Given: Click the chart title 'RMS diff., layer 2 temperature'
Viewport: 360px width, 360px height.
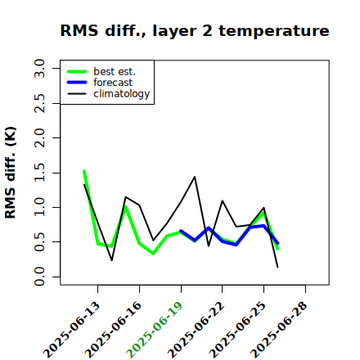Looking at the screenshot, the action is (x=195, y=30).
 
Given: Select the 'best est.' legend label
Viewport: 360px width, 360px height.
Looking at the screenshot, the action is (x=115, y=71).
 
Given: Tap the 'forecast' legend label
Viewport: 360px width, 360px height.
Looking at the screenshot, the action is (x=113, y=83).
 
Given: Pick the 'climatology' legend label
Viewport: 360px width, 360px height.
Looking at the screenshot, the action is (x=122, y=94).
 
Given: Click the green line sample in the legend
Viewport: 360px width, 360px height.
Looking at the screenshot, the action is (x=77, y=71).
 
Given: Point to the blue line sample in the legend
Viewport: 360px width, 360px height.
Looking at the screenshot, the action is (x=77, y=83).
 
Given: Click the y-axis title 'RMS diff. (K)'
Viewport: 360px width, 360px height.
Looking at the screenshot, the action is (x=11, y=173).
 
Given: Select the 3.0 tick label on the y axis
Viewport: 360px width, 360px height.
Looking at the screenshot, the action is (x=39, y=68).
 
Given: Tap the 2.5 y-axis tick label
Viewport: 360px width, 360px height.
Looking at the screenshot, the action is (x=39, y=103).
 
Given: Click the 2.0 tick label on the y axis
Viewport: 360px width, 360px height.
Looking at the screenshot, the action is (x=39, y=137).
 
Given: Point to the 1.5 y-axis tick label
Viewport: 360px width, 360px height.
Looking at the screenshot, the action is (x=39, y=173).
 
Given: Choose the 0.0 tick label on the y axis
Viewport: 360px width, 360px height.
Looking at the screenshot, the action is (x=39, y=277).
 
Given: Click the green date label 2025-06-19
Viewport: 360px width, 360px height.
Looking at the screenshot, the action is (x=155, y=330).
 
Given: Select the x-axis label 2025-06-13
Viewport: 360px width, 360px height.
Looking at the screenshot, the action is (x=71, y=330).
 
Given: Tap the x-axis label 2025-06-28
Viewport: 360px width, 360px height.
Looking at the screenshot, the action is (x=279, y=330).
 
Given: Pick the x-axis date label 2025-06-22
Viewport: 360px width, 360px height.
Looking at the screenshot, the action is (x=196, y=330).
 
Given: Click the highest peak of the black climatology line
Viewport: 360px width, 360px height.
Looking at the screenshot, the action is (x=195, y=177).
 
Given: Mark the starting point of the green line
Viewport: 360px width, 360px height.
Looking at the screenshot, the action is (x=84, y=171).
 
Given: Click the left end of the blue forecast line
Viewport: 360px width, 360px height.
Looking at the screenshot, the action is (x=181, y=231).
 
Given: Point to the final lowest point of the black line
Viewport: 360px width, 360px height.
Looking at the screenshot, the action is (x=277, y=268).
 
